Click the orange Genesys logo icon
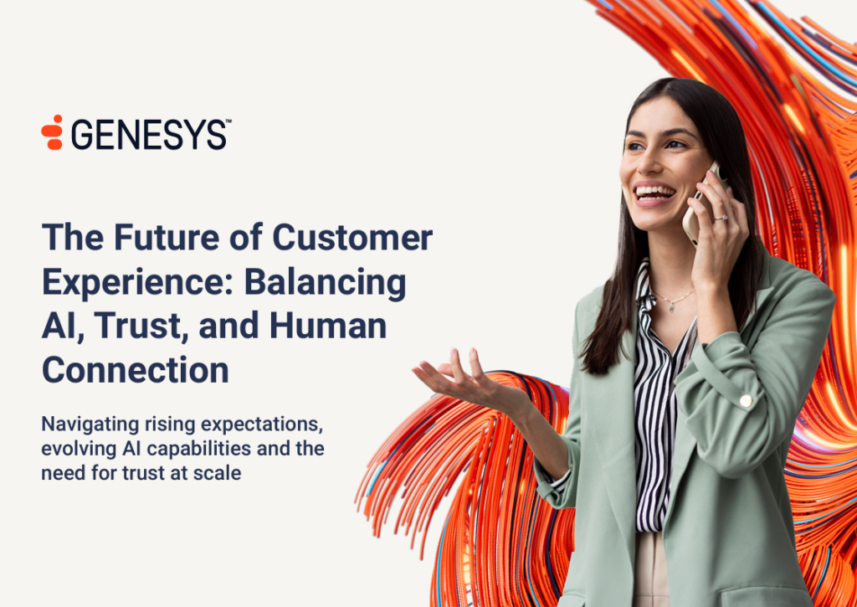pyautogui.click(x=53, y=132)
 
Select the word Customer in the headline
pyautogui.click(x=352, y=237)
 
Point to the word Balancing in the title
pyautogui.click(x=325, y=283)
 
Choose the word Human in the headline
pyautogui.click(x=328, y=326)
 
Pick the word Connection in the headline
pyautogui.click(x=136, y=370)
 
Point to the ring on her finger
pyautogui.click(x=721, y=217)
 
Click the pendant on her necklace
pyautogui.click(x=672, y=307)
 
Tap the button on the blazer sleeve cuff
pyautogui.click(x=746, y=401)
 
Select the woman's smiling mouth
pyautogui.click(x=654, y=193)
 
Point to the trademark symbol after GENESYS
pyautogui.click(x=228, y=122)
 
